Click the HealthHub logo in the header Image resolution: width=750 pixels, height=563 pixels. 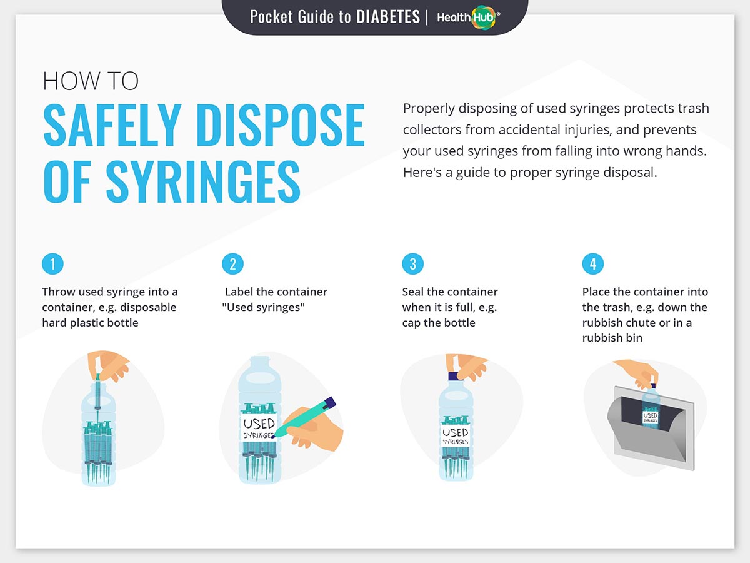[469, 17]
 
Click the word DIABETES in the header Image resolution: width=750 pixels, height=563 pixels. [388, 17]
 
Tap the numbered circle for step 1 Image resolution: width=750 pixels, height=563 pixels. [52, 264]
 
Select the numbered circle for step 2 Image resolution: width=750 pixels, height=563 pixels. [232, 264]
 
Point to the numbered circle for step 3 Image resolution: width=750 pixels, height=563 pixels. [412, 264]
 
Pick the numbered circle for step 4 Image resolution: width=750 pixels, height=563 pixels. [593, 264]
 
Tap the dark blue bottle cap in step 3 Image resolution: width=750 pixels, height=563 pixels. [455, 377]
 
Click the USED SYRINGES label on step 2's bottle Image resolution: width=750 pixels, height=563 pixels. [259, 428]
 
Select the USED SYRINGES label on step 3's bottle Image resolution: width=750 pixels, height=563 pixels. [456, 435]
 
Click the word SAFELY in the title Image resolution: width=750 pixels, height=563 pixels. [112, 125]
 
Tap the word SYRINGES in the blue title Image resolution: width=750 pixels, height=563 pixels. [203, 182]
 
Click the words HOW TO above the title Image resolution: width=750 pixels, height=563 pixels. [91, 81]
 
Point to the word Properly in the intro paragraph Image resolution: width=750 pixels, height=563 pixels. [429, 109]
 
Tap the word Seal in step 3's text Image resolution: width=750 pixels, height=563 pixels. [412, 292]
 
